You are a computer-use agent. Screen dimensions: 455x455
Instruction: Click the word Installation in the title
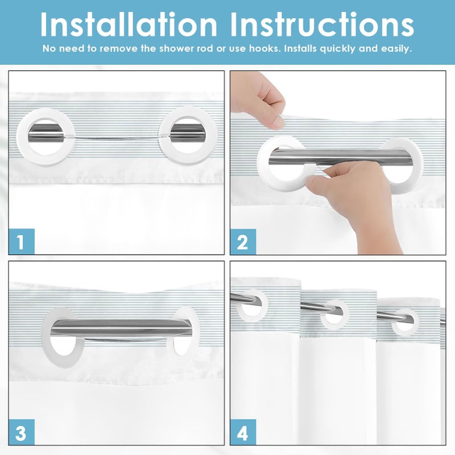coord(129,24)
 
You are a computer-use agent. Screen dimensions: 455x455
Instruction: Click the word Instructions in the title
coord(322,24)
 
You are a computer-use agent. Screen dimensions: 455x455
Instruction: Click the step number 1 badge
coord(22,241)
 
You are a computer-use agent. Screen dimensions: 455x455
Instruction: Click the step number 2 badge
coord(243,242)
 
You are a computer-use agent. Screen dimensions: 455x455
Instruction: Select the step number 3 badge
coord(22,432)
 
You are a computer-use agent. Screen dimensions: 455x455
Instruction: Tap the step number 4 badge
coord(243,432)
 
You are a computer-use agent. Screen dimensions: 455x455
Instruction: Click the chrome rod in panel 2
coord(340,158)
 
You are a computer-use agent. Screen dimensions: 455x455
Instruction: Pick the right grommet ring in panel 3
coord(195,337)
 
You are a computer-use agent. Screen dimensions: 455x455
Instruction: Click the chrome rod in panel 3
coord(121,328)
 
